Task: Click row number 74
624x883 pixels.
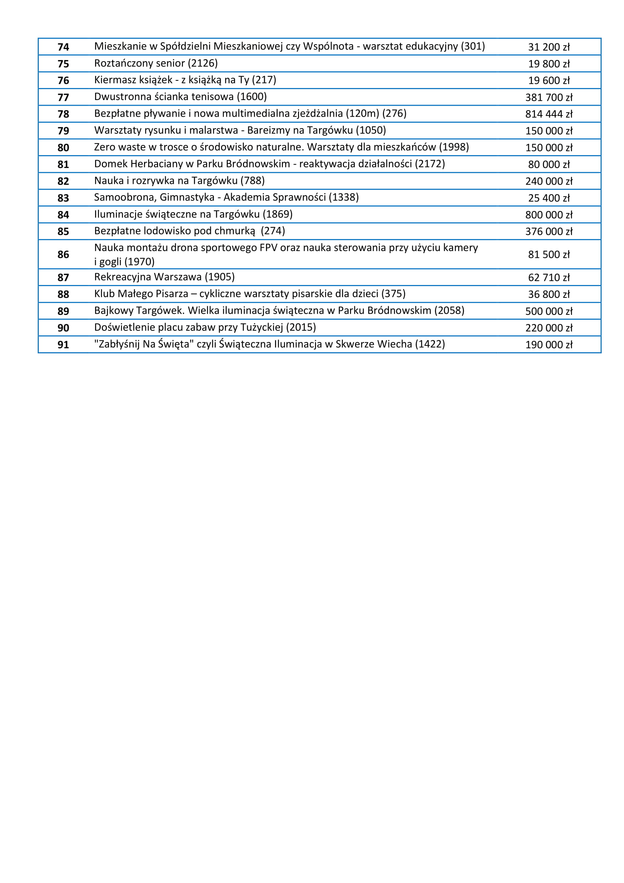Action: click(x=63, y=47)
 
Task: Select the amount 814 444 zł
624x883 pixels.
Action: click(x=549, y=114)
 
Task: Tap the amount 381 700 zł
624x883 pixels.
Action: click(x=549, y=98)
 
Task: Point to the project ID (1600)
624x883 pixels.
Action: click(x=252, y=97)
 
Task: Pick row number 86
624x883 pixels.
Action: click(x=63, y=254)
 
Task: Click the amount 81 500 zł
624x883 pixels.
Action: click(x=549, y=254)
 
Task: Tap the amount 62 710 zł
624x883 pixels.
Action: click(x=549, y=278)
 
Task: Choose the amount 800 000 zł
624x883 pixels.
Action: click(x=549, y=215)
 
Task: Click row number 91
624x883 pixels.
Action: click(x=63, y=345)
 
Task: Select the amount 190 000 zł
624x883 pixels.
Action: click(x=549, y=345)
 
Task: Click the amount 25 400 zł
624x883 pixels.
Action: click(x=549, y=199)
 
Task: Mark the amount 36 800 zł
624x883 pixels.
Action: click(x=549, y=294)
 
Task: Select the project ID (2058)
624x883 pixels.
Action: click(x=449, y=311)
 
